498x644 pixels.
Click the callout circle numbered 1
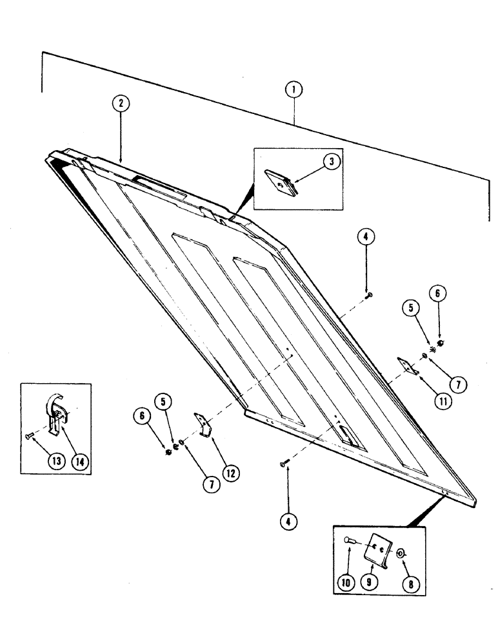coord(294,90)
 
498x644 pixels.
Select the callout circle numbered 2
coord(120,103)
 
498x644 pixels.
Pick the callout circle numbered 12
coord(230,473)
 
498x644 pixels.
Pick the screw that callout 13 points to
coord(30,436)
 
